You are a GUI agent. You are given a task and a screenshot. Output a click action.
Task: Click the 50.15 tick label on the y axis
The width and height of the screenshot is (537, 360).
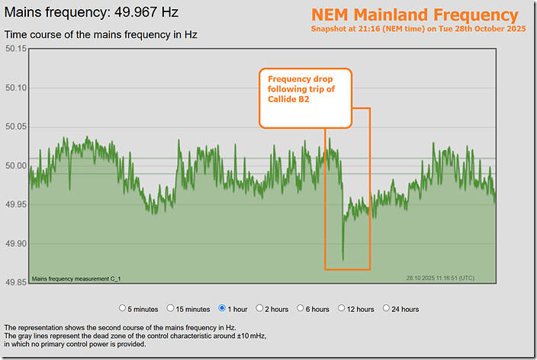15,49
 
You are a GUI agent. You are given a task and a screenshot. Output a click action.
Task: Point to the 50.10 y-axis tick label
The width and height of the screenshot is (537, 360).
15,88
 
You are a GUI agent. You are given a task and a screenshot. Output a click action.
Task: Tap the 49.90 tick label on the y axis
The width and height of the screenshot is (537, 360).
15,244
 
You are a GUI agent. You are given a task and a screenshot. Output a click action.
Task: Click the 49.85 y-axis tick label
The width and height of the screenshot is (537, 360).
15,283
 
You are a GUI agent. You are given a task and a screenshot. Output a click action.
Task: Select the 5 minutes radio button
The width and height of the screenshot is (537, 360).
124,309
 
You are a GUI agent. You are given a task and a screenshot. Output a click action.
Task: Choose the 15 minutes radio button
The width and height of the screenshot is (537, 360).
171,309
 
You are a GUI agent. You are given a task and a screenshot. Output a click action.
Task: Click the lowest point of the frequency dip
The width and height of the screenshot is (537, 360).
343,259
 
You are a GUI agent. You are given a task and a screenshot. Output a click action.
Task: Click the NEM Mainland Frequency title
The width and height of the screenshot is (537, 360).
414,15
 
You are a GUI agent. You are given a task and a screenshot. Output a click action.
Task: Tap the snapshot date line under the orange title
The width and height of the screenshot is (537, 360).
414,29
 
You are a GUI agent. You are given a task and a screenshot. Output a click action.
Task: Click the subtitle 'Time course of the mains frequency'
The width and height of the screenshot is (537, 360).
101,35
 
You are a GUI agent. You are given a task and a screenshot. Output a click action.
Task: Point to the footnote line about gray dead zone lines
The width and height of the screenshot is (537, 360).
136,336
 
